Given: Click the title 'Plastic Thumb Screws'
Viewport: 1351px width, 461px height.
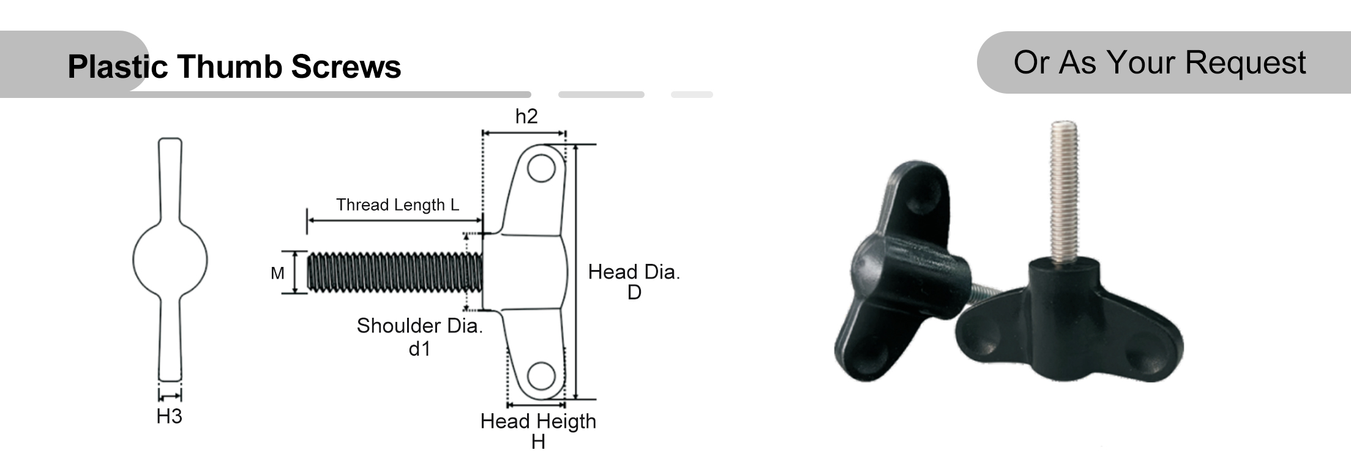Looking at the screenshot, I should tap(234, 66).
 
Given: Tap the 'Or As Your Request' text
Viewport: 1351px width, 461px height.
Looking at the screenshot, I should tap(1159, 62).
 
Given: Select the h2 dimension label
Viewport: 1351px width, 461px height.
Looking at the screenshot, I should tap(526, 116).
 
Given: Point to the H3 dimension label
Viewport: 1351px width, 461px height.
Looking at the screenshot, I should tap(169, 416).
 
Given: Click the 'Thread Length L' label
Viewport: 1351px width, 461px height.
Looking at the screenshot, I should tap(397, 204).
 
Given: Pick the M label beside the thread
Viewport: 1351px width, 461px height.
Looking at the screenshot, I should tap(277, 273).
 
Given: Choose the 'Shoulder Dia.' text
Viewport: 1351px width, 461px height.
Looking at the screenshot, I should tap(420, 326).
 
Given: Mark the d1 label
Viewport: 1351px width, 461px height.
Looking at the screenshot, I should tap(419, 349).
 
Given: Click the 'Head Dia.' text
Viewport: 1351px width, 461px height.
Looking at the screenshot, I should tap(634, 272).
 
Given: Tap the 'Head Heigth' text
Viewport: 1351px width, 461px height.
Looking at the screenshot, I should tap(538, 421).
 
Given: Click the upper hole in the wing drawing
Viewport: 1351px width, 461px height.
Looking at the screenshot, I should tap(541, 168).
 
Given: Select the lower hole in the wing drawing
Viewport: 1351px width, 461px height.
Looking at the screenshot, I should tap(541, 376).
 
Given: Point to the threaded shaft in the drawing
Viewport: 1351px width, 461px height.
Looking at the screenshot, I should tap(395, 272).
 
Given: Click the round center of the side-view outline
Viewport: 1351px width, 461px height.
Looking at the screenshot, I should tap(170, 260).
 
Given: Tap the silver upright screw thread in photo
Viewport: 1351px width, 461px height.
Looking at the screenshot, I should tap(1066, 190).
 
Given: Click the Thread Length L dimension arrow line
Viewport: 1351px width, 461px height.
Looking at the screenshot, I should tap(395, 219).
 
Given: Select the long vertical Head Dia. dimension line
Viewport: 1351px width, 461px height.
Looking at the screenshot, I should tap(576, 272).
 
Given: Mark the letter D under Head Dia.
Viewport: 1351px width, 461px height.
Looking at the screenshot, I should tap(634, 293).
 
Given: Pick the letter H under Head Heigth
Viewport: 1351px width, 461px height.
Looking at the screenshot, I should tap(538, 442).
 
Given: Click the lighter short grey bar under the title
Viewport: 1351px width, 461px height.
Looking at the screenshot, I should tap(692, 95).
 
